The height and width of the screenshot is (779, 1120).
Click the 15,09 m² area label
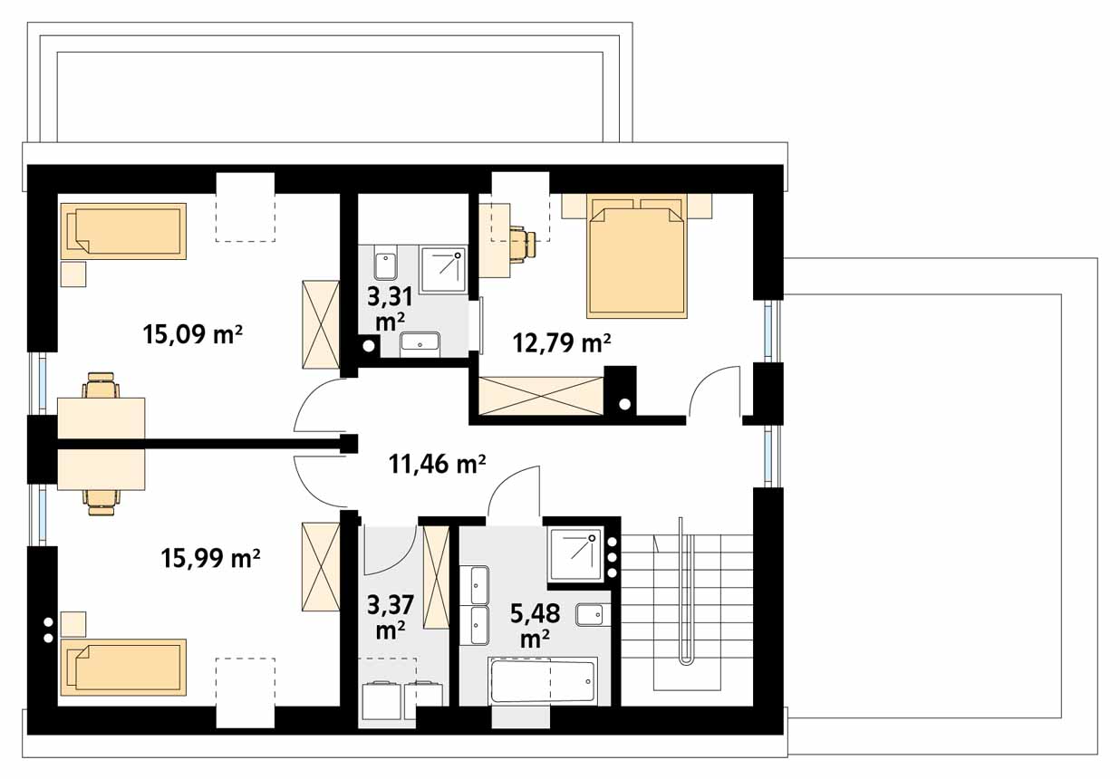(192, 333)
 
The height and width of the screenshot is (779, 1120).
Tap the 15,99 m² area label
(210, 558)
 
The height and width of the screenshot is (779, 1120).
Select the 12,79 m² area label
(562, 342)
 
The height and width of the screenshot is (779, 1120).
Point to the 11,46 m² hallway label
(437, 464)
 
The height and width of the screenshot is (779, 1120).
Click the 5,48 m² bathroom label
(535, 625)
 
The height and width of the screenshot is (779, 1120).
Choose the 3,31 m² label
(390, 309)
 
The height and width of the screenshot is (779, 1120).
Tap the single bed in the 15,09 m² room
(123, 231)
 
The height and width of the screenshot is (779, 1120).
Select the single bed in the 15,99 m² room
(123, 667)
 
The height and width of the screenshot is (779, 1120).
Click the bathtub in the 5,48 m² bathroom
(543, 681)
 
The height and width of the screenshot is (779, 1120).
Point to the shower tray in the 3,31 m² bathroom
(443, 270)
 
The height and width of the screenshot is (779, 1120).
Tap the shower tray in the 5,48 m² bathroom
(575, 553)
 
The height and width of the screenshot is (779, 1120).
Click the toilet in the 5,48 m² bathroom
(593, 615)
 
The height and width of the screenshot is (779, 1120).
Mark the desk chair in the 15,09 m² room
(102, 385)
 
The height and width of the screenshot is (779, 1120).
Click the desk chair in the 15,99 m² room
(102, 502)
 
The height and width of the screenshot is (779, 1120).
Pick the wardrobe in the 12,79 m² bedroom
(541, 396)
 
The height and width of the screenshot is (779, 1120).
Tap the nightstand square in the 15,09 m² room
(73, 274)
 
